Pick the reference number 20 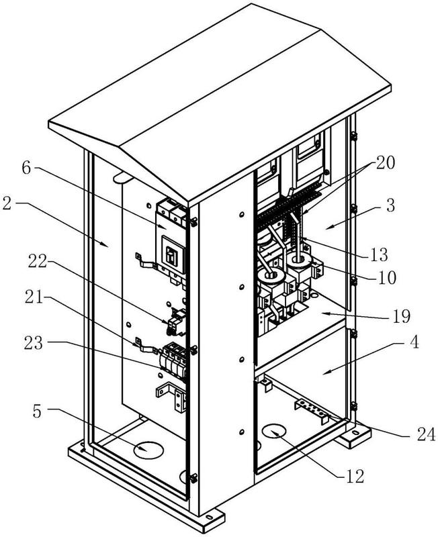click(x=386, y=162)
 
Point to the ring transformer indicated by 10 click(x=299, y=258)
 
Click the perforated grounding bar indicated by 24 click(x=310, y=407)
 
